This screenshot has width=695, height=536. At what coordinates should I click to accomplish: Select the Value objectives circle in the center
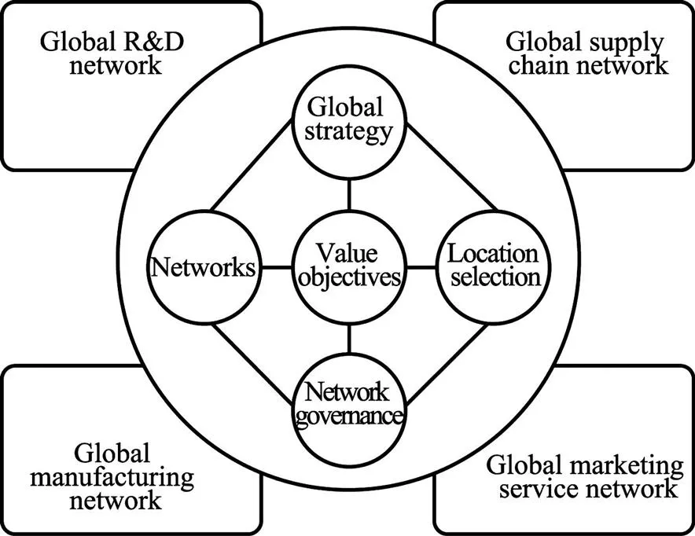coord(348,267)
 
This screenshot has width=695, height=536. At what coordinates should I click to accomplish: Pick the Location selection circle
coord(493,267)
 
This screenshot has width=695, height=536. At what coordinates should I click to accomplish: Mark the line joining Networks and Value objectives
coord(276,268)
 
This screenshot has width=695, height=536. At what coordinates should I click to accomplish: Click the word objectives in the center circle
coord(348,278)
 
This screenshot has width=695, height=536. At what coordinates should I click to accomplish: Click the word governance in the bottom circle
coord(348,415)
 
